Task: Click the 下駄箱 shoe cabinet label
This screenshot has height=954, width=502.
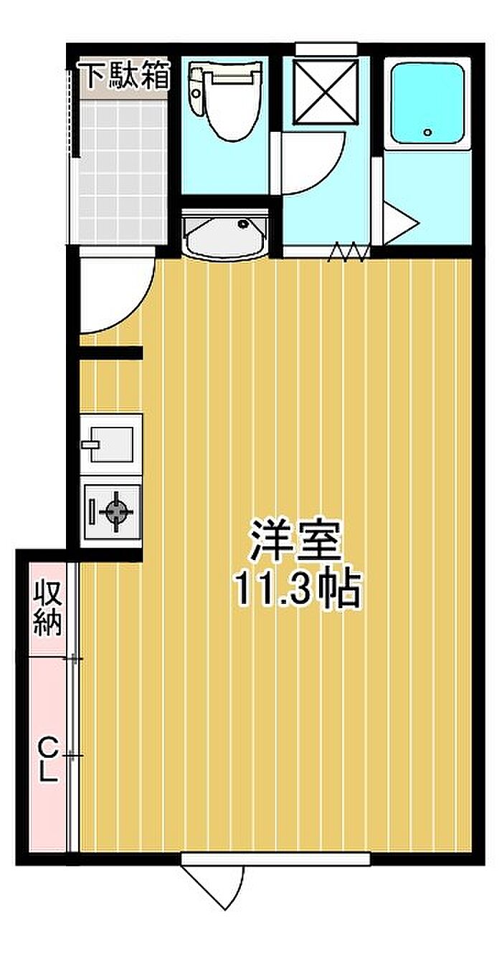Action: [126, 75]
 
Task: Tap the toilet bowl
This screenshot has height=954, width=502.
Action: [224, 102]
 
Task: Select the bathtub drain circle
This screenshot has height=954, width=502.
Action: [427, 132]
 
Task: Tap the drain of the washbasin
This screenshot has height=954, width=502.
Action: [243, 223]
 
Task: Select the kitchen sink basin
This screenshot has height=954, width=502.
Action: [111, 444]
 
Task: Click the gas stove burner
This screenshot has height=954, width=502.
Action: [116, 510]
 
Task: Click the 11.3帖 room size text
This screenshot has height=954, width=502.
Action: [298, 589]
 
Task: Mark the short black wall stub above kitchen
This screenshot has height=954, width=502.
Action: [110, 353]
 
